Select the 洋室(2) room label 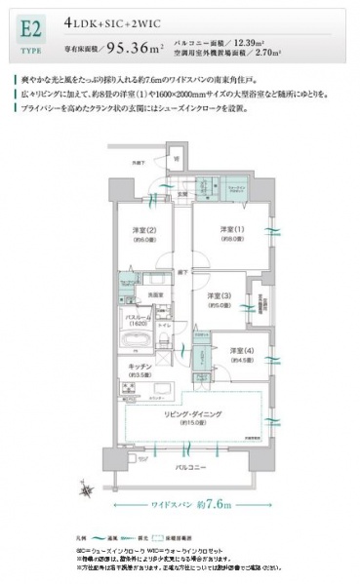click(145, 230)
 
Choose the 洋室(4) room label click(230, 352)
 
